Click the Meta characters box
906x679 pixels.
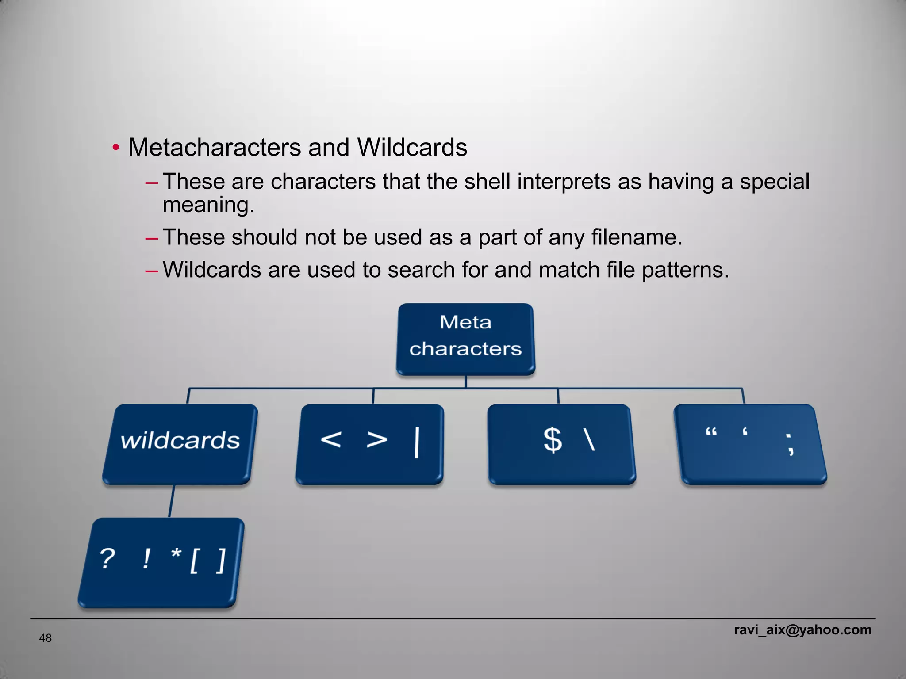(465, 339)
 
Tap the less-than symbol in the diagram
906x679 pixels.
(331, 439)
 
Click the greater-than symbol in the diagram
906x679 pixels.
(377, 439)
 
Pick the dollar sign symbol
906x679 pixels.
(553, 439)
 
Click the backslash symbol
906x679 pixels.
(590, 439)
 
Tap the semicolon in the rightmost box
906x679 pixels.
(790, 444)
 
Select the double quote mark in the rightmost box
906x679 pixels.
(711, 432)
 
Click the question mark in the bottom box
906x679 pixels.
(107, 559)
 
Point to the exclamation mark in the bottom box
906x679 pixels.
(146, 559)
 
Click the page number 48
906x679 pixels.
(46, 638)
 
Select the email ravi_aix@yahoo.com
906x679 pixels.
(802, 629)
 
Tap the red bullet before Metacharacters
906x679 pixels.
(115, 147)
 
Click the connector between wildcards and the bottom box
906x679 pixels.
(172, 501)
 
